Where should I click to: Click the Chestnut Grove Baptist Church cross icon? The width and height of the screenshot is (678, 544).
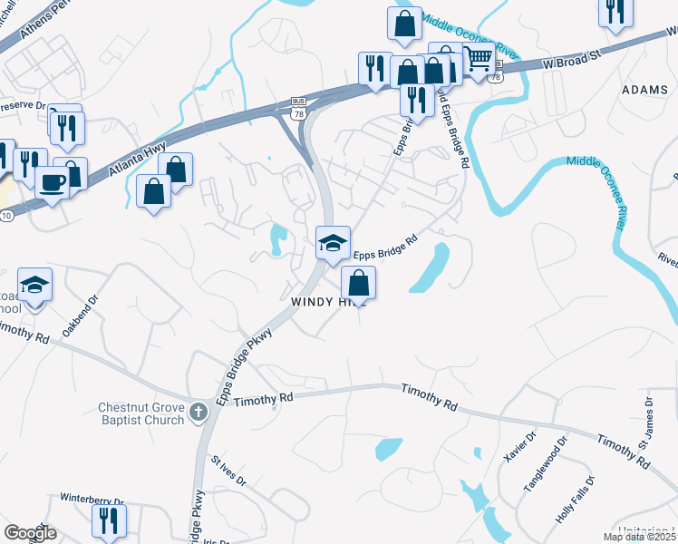198,413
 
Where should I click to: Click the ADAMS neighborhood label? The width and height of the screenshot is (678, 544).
644,90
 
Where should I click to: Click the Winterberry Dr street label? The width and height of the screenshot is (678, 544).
92,500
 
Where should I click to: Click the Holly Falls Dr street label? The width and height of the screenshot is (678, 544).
576,499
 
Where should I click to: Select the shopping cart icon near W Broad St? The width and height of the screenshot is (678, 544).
479,59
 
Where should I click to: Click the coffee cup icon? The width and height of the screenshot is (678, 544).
53,182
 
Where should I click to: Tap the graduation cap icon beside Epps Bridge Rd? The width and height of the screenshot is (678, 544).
333,242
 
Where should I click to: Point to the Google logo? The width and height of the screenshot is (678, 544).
30,532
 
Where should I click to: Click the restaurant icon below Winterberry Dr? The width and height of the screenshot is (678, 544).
108,521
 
